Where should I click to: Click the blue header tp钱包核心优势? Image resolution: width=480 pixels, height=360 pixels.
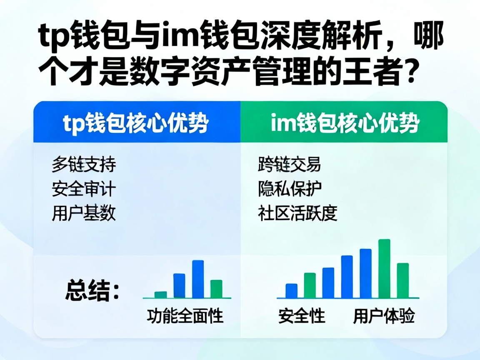pyautogui.click(x=136, y=122)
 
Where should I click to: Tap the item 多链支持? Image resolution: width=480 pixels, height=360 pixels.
pyautogui.click(x=84, y=165)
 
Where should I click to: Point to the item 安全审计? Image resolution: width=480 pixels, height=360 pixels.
pyautogui.click(x=84, y=189)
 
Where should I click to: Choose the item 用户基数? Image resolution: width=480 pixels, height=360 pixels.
pyautogui.click(x=84, y=214)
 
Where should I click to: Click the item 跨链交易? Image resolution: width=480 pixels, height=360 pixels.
pyautogui.click(x=290, y=165)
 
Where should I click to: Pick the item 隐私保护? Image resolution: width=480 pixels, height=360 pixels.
pyautogui.click(x=290, y=189)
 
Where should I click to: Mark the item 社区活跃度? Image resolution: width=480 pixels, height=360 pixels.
pyautogui.click(x=297, y=214)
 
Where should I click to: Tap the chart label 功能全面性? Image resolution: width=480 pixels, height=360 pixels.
pyautogui.click(x=185, y=316)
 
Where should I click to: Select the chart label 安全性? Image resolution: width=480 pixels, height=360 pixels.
pyautogui.click(x=302, y=316)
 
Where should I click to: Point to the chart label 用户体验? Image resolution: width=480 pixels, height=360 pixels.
pyautogui.click(x=384, y=316)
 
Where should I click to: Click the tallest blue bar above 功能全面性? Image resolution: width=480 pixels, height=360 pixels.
pyautogui.click(x=198, y=279)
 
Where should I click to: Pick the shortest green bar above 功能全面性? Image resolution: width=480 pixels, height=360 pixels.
pyautogui.click(x=160, y=295)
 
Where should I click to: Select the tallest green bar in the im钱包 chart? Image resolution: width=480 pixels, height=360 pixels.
pyautogui.click(x=384, y=269)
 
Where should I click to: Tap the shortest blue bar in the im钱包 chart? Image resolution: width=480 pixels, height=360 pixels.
pyautogui.click(x=292, y=291)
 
